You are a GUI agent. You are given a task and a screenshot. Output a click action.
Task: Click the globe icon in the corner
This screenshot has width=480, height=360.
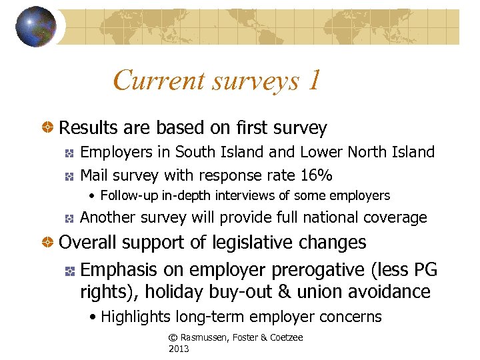(36, 27)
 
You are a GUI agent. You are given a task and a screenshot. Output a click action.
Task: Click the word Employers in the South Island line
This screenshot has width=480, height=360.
(117, 153)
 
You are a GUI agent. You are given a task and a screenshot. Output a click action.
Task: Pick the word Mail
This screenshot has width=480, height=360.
(94, 175)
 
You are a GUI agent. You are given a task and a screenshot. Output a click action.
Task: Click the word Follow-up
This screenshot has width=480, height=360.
(128, 196)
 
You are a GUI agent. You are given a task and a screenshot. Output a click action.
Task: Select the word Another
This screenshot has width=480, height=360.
(109, 217)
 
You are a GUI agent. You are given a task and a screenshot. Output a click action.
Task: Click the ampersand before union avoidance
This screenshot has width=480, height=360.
(303, 292)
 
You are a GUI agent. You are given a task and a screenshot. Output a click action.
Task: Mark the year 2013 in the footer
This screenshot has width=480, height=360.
(179, 349)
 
